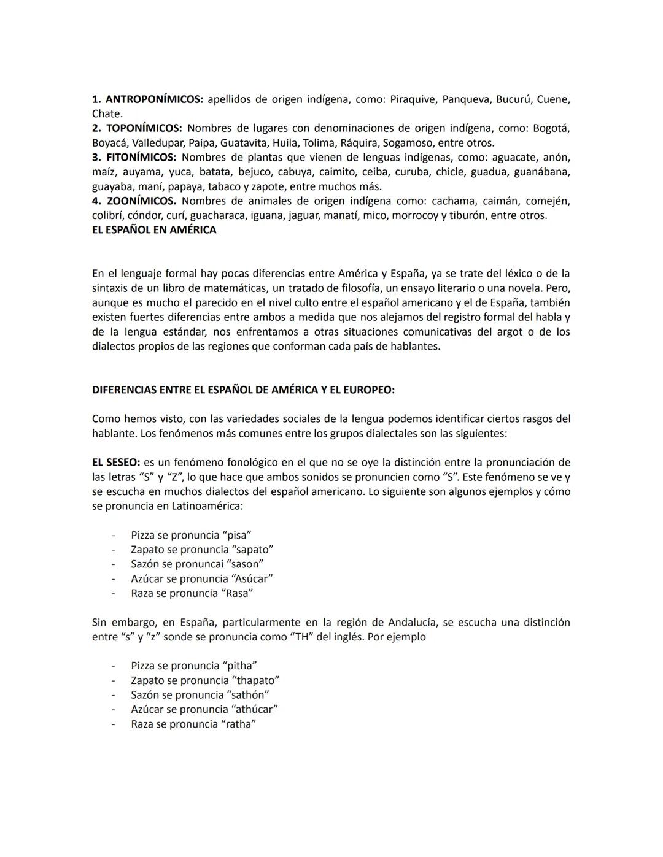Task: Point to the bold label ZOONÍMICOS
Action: pos(141,201)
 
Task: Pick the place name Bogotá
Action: pos(551,128)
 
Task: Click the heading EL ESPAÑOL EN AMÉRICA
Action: pos(154,230)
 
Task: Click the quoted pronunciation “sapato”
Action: pos(252,550)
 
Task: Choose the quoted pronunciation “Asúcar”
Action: pos(252,578)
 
